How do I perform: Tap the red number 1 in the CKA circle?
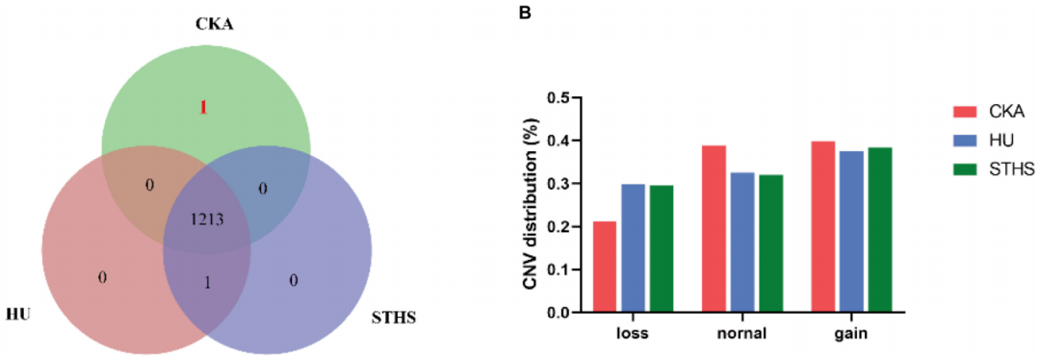click(203, 108)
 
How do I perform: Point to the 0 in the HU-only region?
click(103, 278)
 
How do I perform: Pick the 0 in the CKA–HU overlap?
click(149, 185)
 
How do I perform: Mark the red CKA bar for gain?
click(824, 227)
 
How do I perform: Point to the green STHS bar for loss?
click(661, 248)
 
